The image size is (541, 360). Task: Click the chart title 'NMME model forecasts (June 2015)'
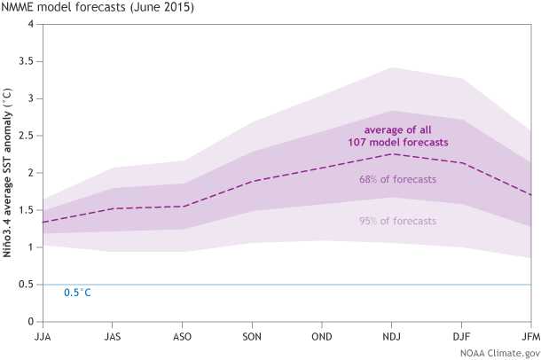98,8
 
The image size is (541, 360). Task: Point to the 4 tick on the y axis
31,24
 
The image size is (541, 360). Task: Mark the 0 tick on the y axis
31,322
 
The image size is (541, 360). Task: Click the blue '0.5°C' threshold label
78,293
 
